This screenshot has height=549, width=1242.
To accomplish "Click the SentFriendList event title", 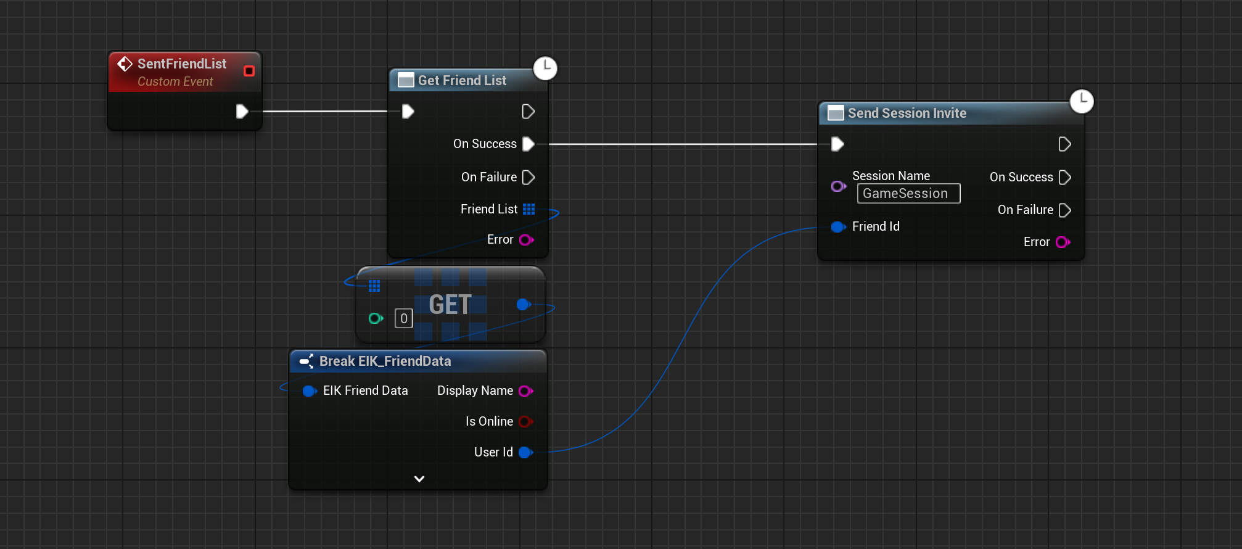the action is tap(182, 64).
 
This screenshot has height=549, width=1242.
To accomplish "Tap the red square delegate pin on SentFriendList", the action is tap(249, 71).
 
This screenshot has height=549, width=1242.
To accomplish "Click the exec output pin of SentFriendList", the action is tap(242, 111).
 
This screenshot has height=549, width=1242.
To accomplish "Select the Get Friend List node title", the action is tap(462, 80).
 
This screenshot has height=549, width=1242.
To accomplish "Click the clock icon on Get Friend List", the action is tap(545, 68).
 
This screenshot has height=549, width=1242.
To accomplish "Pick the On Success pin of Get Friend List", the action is tap(528, 144).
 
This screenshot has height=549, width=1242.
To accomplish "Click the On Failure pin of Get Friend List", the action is tap(528, 177).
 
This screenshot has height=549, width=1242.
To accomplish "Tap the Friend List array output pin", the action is tap(528, 209).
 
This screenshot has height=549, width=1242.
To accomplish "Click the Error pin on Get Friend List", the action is tap(527, 239).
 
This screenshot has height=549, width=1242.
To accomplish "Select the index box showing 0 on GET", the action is tap(404, 318).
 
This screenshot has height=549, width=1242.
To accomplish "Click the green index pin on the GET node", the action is tap(376, 318).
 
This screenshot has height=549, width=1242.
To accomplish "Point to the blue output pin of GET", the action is tap(524, 304).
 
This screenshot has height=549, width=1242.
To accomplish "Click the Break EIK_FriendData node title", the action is tap(385, 361).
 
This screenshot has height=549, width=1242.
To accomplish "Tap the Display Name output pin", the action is tap(526, 390).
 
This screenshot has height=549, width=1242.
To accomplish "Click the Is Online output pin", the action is tap(526, 421).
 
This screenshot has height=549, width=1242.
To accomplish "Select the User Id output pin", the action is tap(526, 452).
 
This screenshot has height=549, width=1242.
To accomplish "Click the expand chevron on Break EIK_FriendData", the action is tap(419, 479).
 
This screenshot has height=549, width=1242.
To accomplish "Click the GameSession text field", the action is tap(908, 194).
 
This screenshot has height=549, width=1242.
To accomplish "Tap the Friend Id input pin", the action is tap(838, 226).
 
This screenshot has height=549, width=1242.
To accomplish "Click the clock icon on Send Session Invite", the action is tap(1082, 101).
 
